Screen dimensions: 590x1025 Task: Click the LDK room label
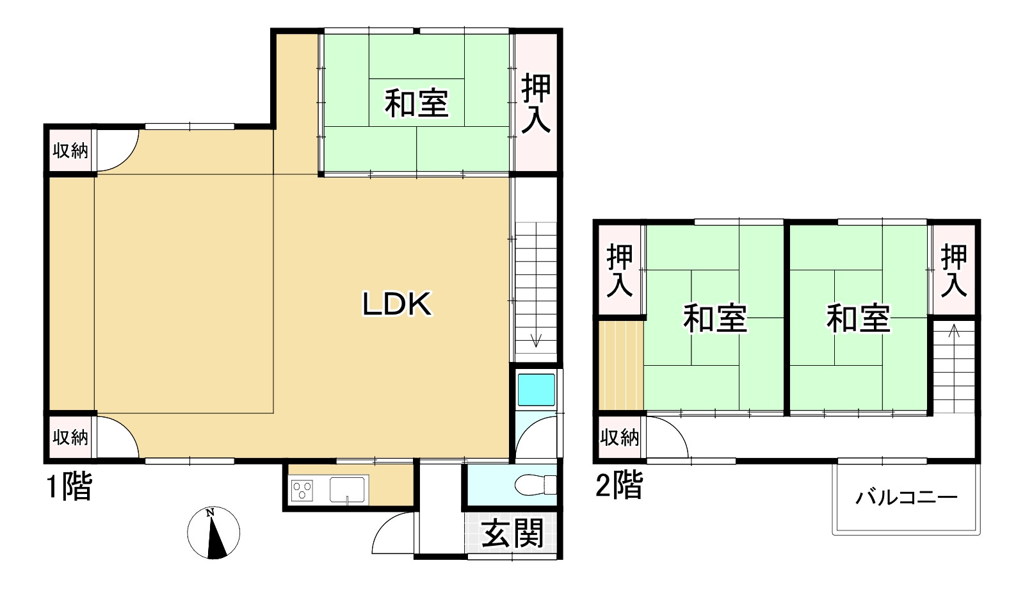coord(397,304)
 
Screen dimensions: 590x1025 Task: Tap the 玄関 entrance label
coord(512,533)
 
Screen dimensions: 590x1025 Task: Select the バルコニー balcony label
coord(907,498)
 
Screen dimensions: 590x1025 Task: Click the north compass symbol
coord(214,532)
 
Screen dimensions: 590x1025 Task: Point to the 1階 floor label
coord(69,486)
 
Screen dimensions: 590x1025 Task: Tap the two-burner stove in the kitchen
coord(302,491)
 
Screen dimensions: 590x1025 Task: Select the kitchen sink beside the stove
coord(347,489)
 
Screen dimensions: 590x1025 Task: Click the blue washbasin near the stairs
coord(536,389)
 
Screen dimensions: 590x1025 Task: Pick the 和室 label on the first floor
coord(417,103)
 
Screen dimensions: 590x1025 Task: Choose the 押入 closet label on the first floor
coord(536,104)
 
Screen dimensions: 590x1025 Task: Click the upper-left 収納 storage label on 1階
coord(70,151)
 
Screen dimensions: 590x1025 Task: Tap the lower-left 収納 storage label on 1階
coord(70,438)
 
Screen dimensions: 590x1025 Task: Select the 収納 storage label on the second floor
coord(619,438)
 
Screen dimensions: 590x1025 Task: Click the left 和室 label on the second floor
coord(715,318)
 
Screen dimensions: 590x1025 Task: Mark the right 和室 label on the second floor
coord(859,318)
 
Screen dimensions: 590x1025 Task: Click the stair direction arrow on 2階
coord(954,332)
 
